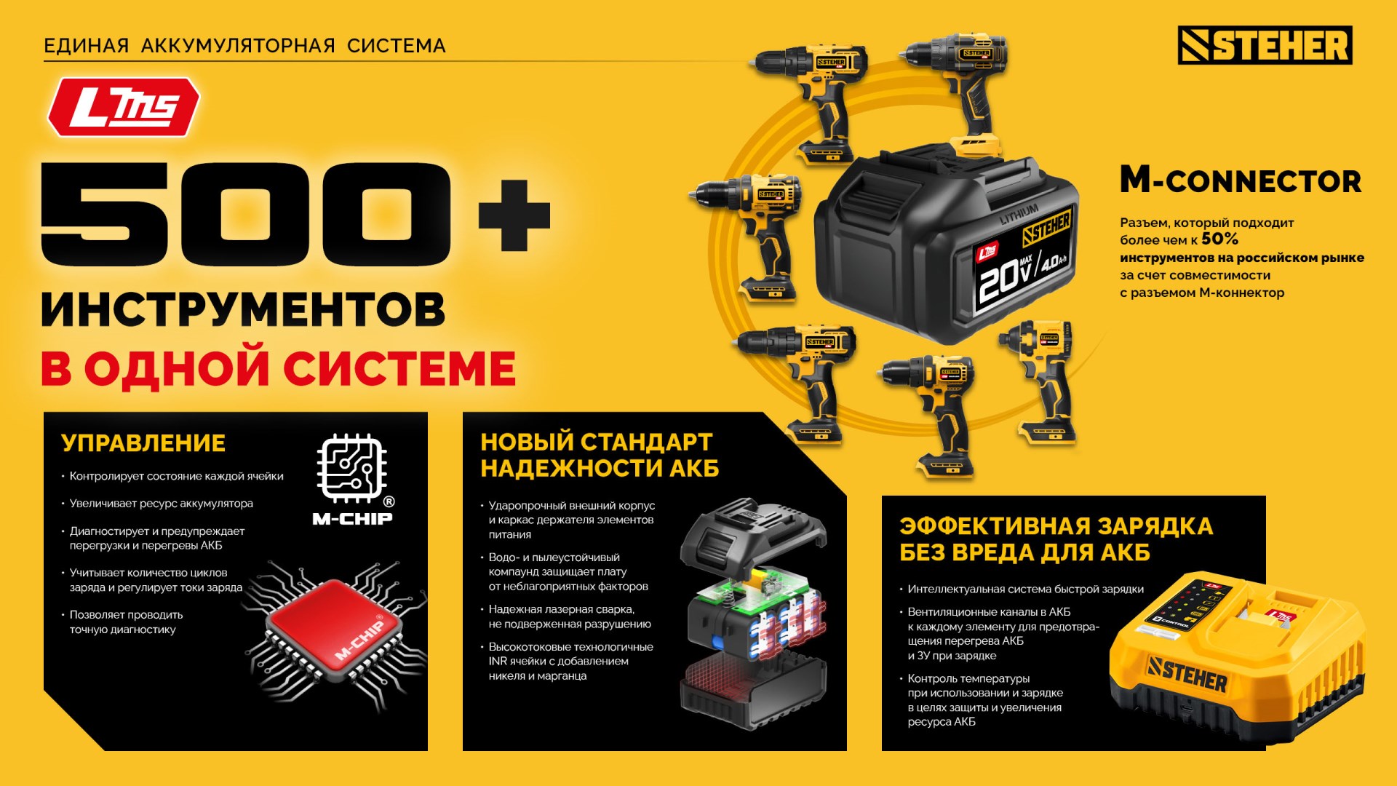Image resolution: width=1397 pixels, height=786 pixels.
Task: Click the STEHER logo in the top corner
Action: tap(1265, 46)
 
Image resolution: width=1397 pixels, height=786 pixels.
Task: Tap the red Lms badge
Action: tap(124, 108)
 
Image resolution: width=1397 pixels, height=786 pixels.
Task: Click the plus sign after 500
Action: tap(514, 215)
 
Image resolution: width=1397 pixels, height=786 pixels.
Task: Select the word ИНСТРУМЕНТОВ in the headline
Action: tap(243, 309)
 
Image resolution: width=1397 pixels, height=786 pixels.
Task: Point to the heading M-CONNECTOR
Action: tap(1240, 180)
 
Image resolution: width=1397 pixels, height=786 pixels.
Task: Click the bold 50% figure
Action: tap(1219, 239)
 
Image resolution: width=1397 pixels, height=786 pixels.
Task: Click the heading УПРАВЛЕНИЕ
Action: tap(143, 442)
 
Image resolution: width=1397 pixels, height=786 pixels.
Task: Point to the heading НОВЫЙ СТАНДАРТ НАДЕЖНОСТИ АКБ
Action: tap(599, 455)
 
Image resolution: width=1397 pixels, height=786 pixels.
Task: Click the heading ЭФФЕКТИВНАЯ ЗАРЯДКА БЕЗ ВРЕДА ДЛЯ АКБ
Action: tap(1055, 539)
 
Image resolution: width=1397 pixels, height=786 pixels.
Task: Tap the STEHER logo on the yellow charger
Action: tap(1187, 674)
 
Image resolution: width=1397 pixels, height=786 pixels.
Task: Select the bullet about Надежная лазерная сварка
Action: tap(569, 616)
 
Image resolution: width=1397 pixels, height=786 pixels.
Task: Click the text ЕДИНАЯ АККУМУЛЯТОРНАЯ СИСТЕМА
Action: tap(244, 46)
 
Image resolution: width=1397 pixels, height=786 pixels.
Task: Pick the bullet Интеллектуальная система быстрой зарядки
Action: tap(1025, 589)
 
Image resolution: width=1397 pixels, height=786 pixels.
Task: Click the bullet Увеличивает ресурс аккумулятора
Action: tap(161, 504)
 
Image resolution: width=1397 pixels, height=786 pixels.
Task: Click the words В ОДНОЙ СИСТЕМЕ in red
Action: tap(278, 369)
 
